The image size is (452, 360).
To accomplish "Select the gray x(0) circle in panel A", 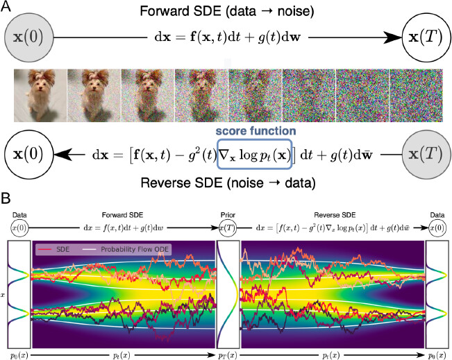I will pos(25,35).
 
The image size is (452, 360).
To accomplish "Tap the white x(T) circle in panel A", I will pos(426,35).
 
